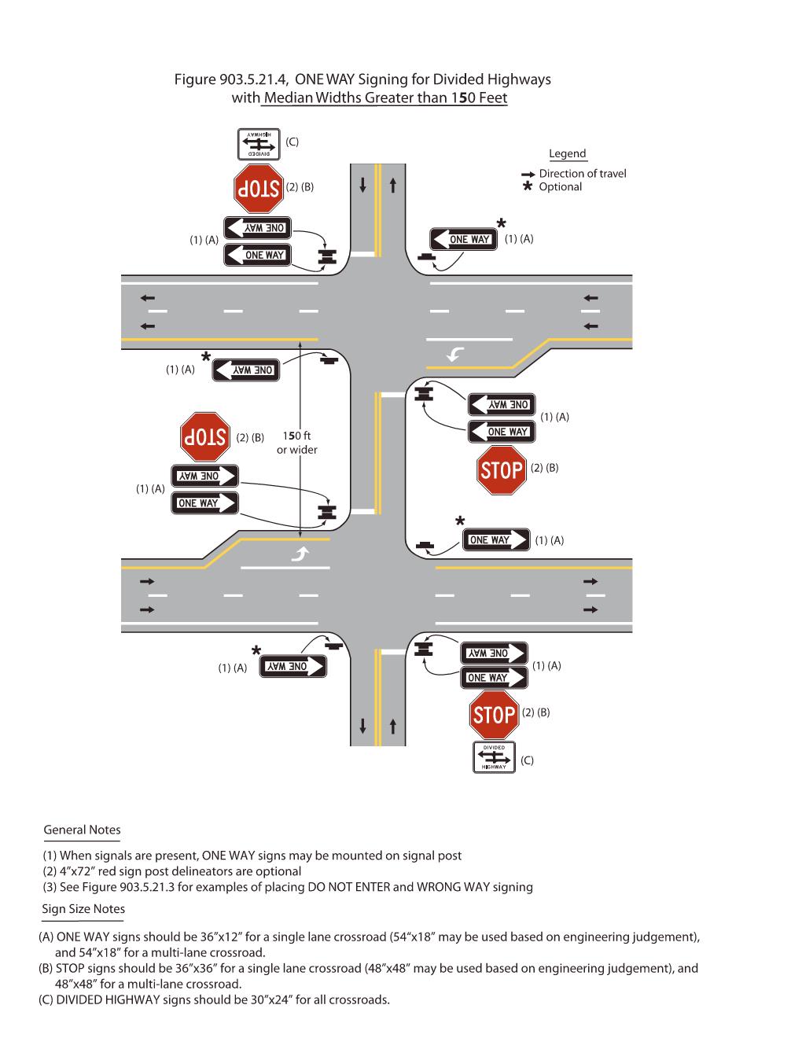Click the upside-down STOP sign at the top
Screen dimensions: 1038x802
pyautogui.click(x=258, y=188)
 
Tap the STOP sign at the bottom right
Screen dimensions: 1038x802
pyautogui.click(x=495, y=715)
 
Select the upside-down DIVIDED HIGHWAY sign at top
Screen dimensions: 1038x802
pyautogui.click(x=259, y=144)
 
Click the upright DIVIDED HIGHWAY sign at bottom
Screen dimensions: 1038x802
pyautogui.click(x=494, y=757)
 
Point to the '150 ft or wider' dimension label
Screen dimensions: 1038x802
pyautogui.click(x=297, y=443)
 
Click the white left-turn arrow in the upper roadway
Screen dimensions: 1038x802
pyautogui.click(x=454, y=355)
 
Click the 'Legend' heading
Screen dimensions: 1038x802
pyautogui.click(x=567, y=154)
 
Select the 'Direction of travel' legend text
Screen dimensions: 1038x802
pyautogui.click(x=582, y=174)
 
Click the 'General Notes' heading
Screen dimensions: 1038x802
pyautogui.click(x=82, y=830)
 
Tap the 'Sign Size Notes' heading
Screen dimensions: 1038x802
pyautogui.click(x=83, y=909)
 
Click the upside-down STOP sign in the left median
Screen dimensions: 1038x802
pyautogui.click(x=204, y=437)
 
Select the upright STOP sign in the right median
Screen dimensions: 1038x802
pyautogui.click(x=502, y=470)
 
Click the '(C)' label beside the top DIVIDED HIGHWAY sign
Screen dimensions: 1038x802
pyautogui.click(x=292, y=142)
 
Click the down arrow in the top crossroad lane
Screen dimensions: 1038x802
pyautogui.click(x=362, y=185)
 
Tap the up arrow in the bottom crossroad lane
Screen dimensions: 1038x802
pyautogui.click(x=392, y=725)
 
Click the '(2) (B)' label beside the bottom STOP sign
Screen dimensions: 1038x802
pyautogui.click(x=535, y=712)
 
